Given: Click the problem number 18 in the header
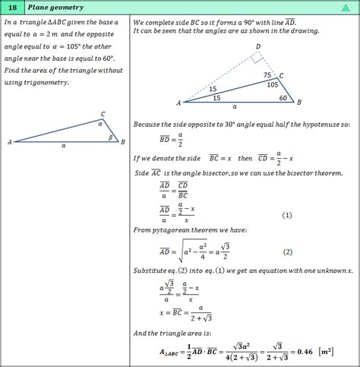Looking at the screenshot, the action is click(13, 8).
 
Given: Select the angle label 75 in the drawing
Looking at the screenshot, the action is click(267, 75).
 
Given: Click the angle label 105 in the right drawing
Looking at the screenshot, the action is click(273, 85).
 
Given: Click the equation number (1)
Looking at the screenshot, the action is click(286, 215).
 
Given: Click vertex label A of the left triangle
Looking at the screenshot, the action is click(9, 142).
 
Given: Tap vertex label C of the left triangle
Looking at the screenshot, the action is click(103, 114).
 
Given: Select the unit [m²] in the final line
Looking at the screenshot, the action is click(328, 350).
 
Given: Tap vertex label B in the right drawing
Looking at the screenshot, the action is click(300, 102).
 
